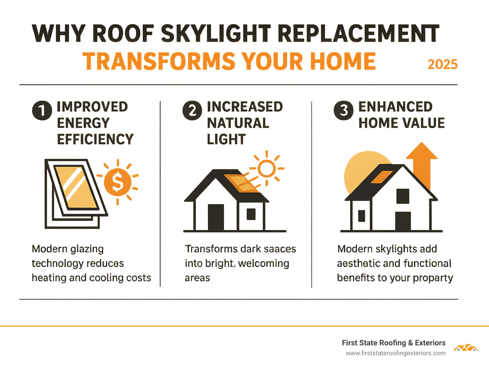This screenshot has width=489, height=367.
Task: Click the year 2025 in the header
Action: pyautogui.click(x=442, y=64)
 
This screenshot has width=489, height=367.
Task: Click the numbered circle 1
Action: pyautogui.click(x=42, y=110)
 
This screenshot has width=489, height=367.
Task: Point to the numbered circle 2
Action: pyautogui.click(x=192, y=110)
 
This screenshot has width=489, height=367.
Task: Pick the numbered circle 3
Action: pyautogui.click(x=344, y=110)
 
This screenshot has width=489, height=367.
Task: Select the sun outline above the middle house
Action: pyautogui.click(x=266, y=169)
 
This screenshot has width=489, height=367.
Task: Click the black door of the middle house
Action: pyautogui.click(x=216, y=217)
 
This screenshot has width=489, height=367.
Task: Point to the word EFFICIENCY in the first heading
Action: pyautogui.click(x=95, y=139)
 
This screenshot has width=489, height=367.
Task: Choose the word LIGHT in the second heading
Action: pyautogui.click(x=226, y=139)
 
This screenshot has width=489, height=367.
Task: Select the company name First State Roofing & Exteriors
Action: pyautogui.click(x=393, y=343)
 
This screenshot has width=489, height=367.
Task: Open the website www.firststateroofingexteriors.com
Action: pyautogui.click(x=395, y=353)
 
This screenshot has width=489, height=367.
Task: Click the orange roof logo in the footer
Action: pyautogui.click(x=466, y=348)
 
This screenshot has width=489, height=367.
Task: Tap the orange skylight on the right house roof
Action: pyautogui.click(x=382, y=177)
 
